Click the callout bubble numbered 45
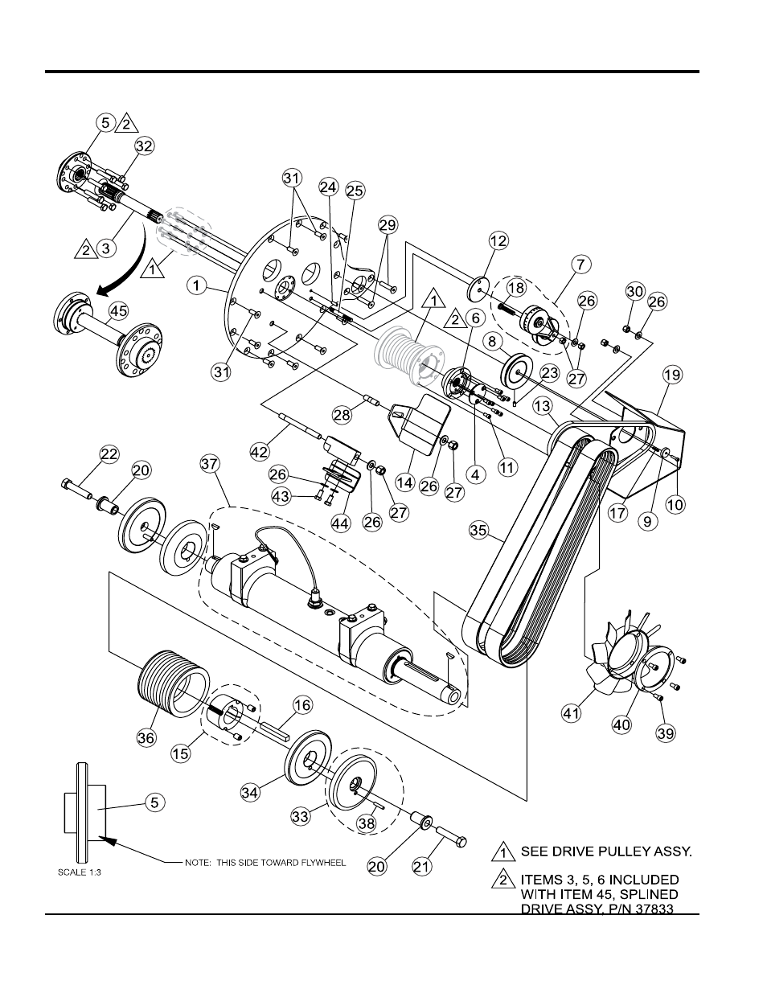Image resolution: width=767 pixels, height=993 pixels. click(119, 311)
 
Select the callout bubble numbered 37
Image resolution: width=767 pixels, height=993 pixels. click(210, 464)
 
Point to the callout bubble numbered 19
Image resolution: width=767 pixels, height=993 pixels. click(672, 375)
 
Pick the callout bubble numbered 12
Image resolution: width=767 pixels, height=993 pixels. click(498, 241)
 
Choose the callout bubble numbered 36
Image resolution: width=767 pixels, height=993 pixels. click(146, 737)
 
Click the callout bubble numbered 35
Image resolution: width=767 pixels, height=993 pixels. click(478, 530)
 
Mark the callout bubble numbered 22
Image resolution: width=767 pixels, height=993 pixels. click(109, 454)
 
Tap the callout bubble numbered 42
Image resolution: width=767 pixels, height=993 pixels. click(260, 452)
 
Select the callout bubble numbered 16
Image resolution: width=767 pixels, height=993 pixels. click(302, 705)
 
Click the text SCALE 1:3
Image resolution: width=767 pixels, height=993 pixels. click(79, 872)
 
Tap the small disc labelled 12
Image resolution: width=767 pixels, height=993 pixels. click(478, 288)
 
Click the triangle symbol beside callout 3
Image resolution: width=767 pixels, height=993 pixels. click(86, 249)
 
